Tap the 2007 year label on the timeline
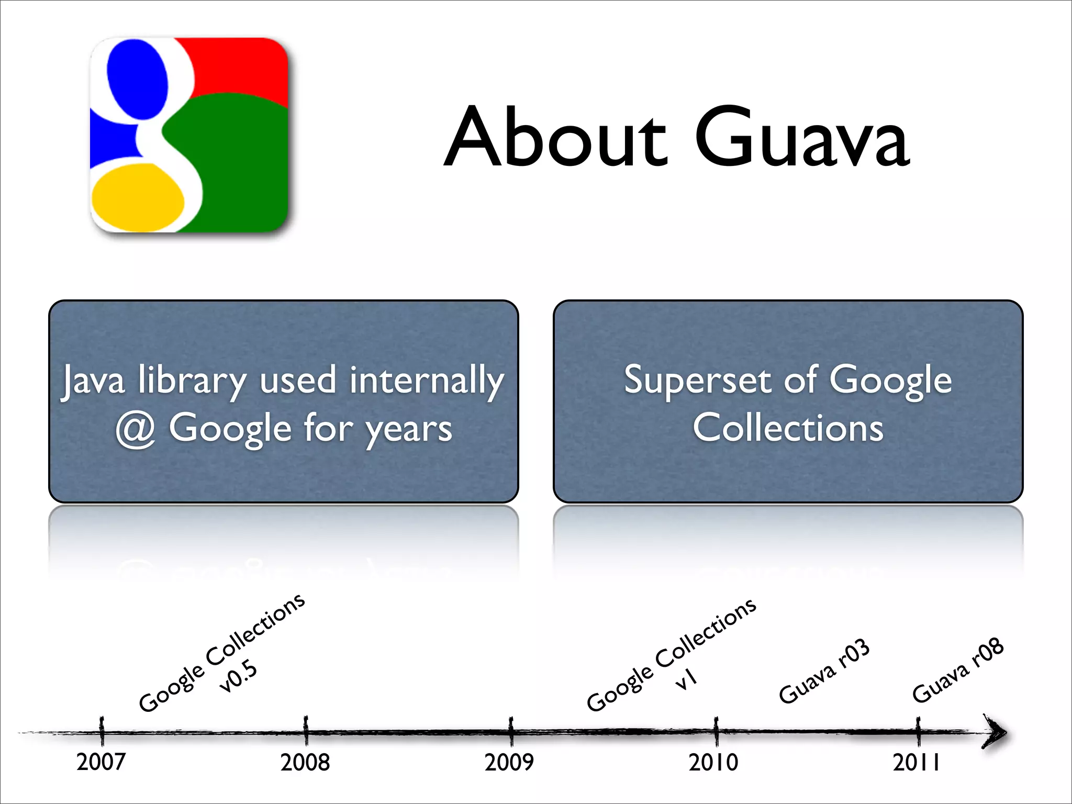tap(101, 762)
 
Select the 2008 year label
tap(305, 762)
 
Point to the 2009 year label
tap(509, 762)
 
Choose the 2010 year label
tap(713, 762)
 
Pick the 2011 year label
tap(916, 762)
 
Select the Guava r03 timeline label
tap(824, 672)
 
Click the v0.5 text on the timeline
tap(239, 676)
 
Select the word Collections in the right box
tap(788, 428)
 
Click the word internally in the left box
tap(427, 381)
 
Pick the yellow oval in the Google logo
tap(138, 198)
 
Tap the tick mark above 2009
tap(511, 731)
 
